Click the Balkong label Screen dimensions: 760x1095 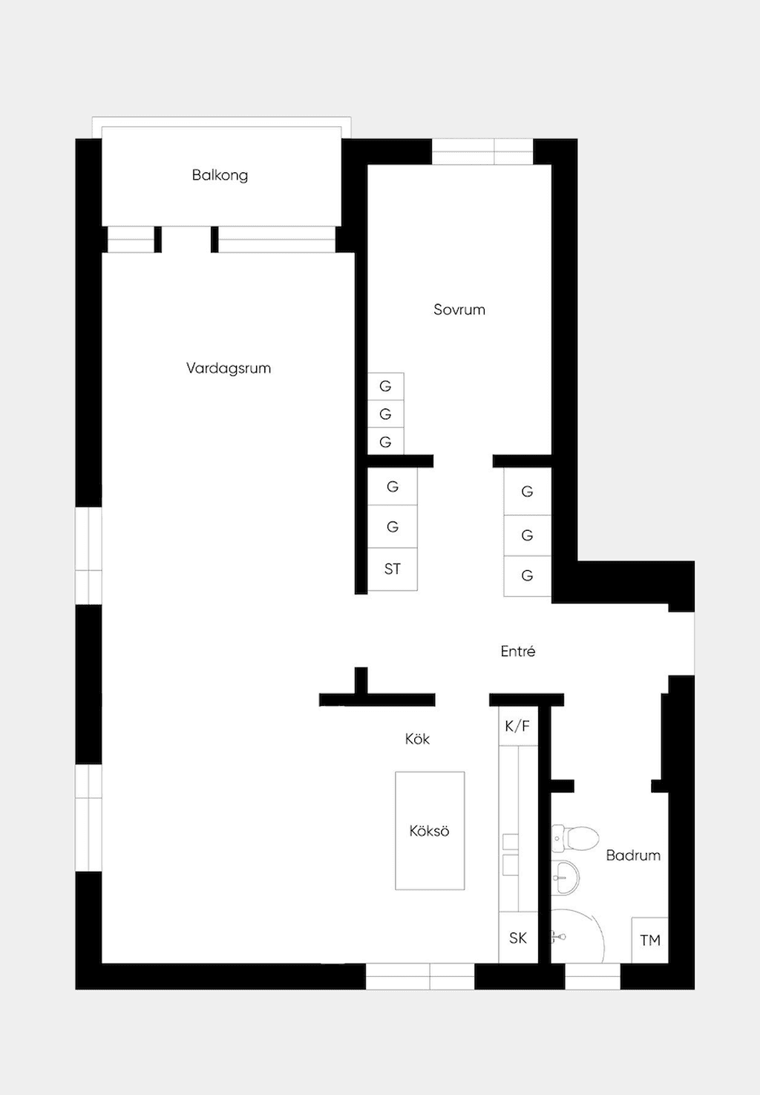click(x=220, y=175)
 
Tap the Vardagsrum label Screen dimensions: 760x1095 click(x=229, y=368)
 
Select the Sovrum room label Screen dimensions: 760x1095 click(x=459, y=310)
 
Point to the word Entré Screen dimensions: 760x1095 click(x=518, y=650)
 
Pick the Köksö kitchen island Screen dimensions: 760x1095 click(x=430, y=831)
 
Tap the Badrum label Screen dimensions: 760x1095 click(x=633, y=855)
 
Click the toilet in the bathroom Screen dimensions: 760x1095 click(x=575, y=838)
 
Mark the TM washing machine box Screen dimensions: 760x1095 click(x=649, y=940)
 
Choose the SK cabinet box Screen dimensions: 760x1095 click(x=518, y=938)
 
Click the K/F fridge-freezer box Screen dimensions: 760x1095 click(x=518, y=726)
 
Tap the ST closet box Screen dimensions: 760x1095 click(x=393, y=569)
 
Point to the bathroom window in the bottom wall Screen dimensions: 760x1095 click(x=592, y=976)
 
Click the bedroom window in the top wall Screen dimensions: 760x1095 click(x=482, y=151)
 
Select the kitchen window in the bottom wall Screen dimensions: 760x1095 click(x=420, y=976)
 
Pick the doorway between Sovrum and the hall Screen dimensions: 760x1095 click(x=463, y=461)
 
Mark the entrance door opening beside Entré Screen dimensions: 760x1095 click(x=681, y=644)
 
